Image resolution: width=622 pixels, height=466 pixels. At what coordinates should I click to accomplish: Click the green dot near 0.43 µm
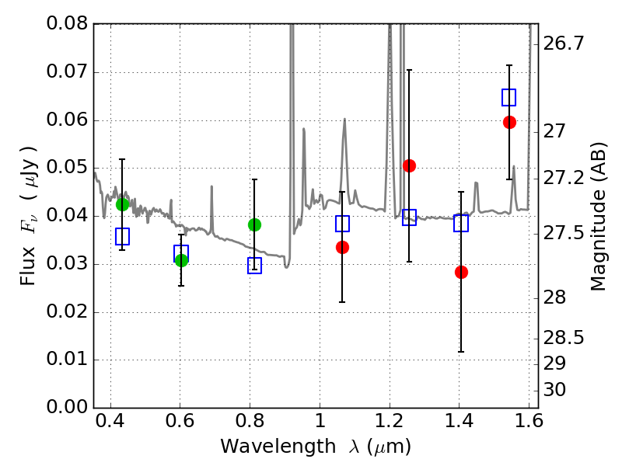[122, 204]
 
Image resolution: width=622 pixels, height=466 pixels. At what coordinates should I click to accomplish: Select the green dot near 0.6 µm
[181, 260]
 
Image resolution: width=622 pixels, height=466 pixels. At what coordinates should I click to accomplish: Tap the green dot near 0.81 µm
[254, 224]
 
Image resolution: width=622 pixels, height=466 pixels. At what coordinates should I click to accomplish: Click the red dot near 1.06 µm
[342, 247]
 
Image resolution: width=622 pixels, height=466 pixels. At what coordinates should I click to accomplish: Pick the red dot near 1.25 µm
[410, 165]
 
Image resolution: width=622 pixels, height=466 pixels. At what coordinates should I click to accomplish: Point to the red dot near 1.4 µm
[461, 273]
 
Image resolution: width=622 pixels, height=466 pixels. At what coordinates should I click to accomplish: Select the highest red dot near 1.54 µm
[509, 123]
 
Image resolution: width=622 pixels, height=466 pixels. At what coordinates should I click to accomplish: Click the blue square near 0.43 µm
[122, 236]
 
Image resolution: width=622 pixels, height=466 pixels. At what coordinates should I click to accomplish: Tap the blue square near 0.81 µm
[254, 266]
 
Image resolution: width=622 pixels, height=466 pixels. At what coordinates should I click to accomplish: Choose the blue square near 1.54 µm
[509, 98]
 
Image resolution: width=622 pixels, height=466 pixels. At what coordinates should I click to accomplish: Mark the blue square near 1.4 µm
[461, 224]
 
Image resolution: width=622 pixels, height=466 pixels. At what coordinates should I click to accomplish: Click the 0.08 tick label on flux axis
[67, 23]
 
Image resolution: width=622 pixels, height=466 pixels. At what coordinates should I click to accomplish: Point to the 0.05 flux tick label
[67, 168]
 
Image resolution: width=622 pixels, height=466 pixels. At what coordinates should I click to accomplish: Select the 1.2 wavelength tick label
[390, 421]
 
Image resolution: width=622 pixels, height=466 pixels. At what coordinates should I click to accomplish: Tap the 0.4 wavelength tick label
[110, 421]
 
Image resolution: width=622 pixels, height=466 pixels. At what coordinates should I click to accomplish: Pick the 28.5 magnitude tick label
[563, 338]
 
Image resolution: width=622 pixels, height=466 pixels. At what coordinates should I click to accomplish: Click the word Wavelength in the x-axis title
[278, 447]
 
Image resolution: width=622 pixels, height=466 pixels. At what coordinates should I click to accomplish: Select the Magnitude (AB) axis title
[598, 217]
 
